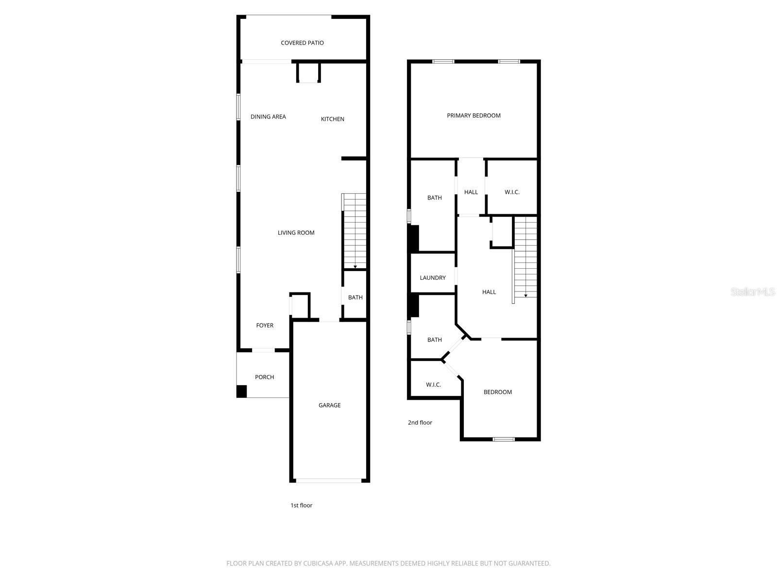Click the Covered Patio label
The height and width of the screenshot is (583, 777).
(x=302, y=43)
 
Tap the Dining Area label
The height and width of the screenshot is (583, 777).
(x=268, y=117)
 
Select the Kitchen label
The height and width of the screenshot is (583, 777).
(x=333, y=119)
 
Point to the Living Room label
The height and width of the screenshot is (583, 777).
(x=296, y=233)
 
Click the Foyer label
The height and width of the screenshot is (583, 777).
(x=265, y=326)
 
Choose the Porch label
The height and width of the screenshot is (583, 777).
(x=264, y=377)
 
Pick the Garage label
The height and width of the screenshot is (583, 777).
(x=329, y=405)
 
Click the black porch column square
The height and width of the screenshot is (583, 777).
(x=242, y=391)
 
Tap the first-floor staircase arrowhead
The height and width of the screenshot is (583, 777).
(x=355, y=267)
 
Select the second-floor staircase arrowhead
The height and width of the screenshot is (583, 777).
(x=525, y=295)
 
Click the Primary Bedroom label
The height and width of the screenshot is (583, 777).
(x=473, y=116)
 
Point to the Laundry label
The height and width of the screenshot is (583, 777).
(x=432, y=278)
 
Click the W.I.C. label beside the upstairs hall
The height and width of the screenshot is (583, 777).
(x=512, y=192)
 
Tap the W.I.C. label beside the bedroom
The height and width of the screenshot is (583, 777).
(x=433, y=385)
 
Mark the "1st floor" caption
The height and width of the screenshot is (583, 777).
(x=301, y=505)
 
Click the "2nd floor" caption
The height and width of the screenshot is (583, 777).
(x=420, y=423)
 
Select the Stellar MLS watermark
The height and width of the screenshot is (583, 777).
(x=753, y=292)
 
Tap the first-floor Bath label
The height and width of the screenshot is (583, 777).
(x=355, y=297)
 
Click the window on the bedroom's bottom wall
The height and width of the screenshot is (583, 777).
(x=503, y=439)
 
